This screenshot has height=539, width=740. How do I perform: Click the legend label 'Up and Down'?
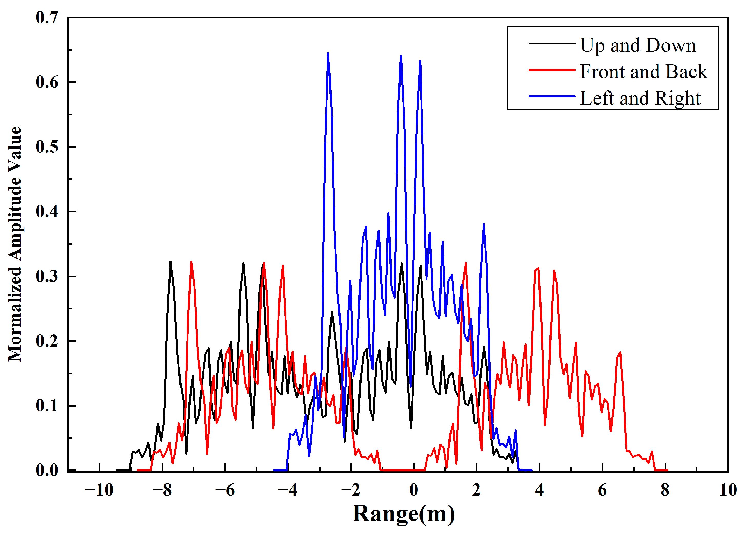[638, 45]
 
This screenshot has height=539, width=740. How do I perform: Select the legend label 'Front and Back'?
[643, 72]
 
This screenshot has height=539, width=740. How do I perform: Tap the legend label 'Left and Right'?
[640, 98]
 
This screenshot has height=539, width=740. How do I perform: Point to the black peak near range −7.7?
[170, 262]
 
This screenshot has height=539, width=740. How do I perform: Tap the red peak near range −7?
[191, 262]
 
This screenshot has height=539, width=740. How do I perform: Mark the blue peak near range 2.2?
[483, 225]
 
